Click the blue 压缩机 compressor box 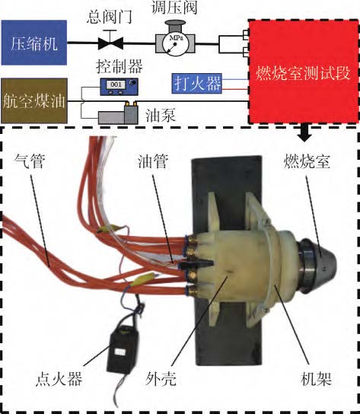point(34,43)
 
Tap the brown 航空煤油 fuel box point(34,101)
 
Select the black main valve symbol point(110,43)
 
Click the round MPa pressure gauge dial point(174,44)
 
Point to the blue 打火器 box point(197,84)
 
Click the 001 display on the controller point(116,84)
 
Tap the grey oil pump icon point(118,113)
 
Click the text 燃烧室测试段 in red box point(303,72)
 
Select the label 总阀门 point(110,18)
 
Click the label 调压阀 point(174,7)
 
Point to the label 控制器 point(119,66)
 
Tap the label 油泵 point(161,116)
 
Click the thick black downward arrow point(304,133)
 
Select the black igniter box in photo point(123,349)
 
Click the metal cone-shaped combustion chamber point(317,265)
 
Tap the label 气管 point(30,161)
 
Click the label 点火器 point(59,379)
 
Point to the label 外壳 point(161,379)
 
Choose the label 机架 point(316,379)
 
